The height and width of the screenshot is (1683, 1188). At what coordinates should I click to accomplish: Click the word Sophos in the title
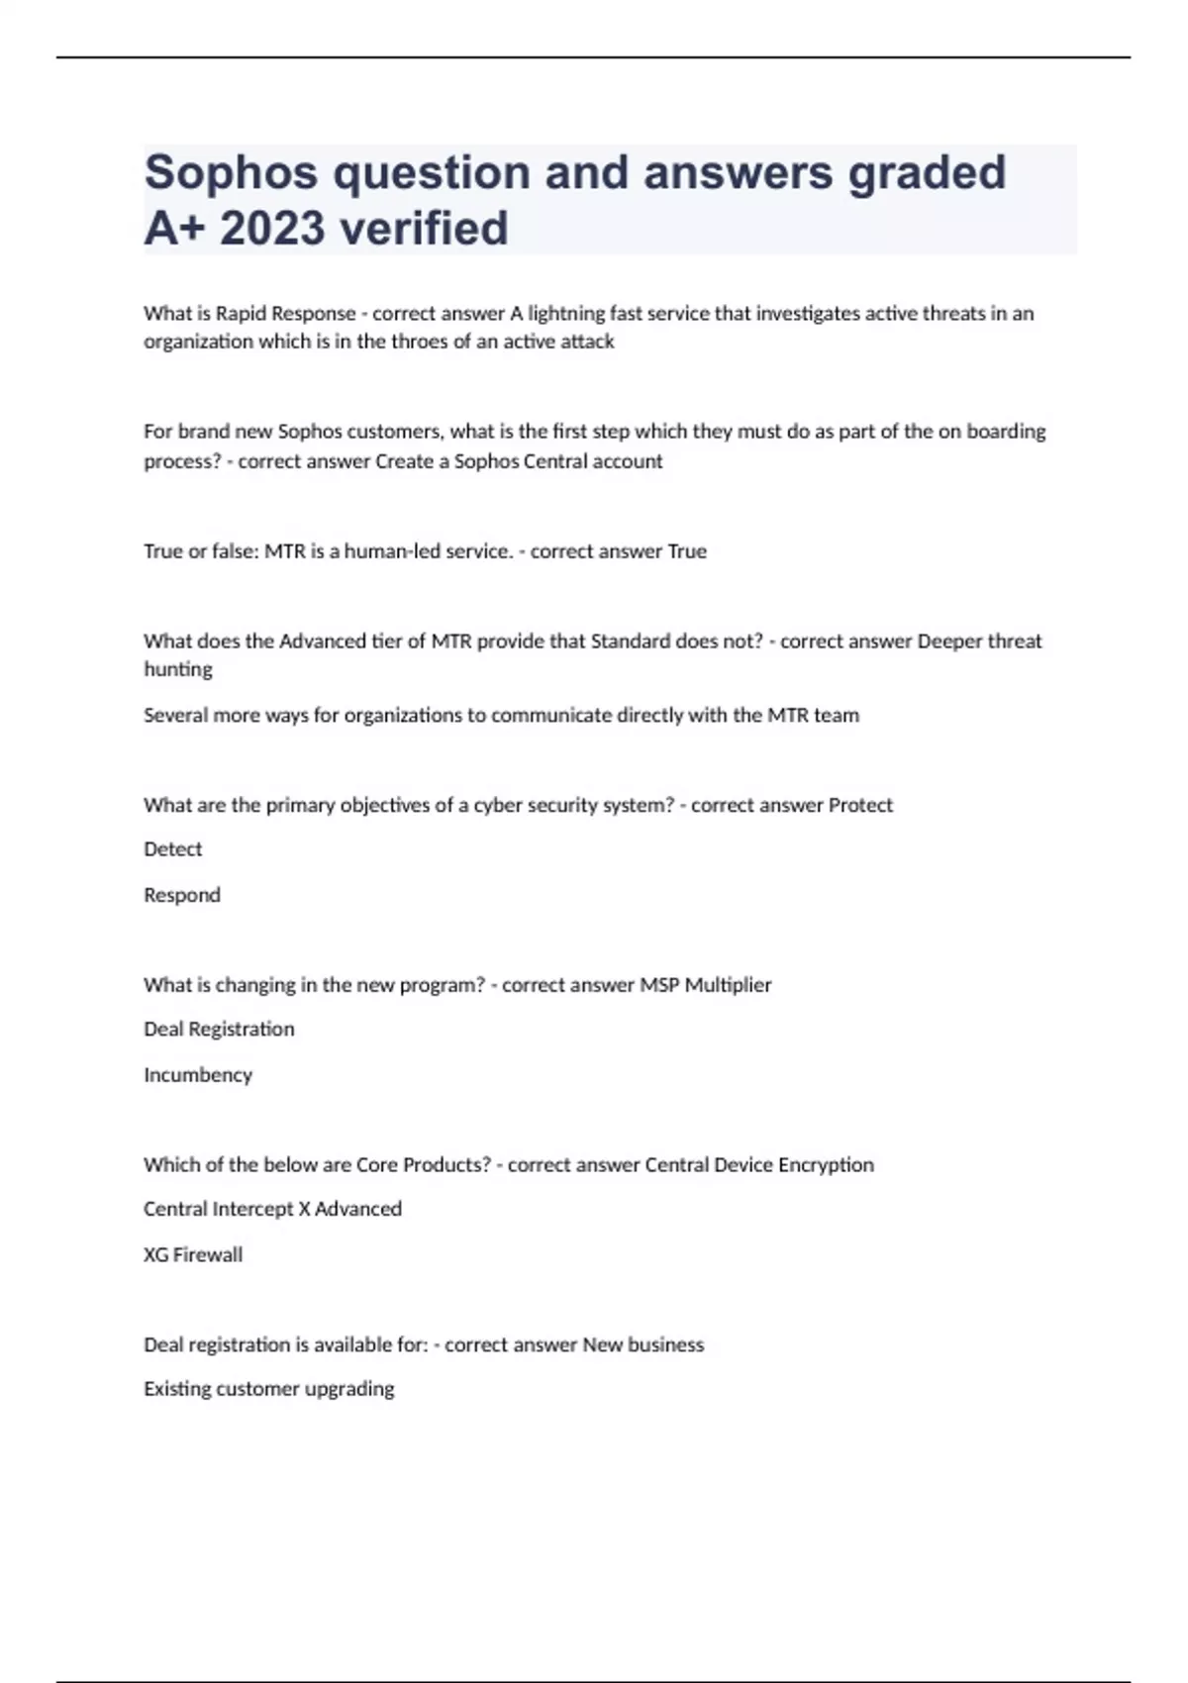(232, 173)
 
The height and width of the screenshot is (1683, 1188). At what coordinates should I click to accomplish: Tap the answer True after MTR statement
(687, 551)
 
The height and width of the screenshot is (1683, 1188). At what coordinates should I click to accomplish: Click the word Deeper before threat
(949, 642)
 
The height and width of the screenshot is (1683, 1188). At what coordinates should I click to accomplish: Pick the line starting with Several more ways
(501, 715)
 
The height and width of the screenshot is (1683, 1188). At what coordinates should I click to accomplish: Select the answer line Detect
(173, 849)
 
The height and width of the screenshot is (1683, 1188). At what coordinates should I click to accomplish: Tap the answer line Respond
(182, 895)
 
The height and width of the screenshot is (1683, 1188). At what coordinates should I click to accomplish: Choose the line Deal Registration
(219, 1030)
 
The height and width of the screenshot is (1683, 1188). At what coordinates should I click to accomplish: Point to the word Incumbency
(198, 1075)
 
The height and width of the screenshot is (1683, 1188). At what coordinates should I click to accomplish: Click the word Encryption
(826, 1165)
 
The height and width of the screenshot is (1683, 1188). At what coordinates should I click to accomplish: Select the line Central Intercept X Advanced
(272, 1209)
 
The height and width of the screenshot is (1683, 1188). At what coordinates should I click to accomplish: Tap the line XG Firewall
(193, 1254)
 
